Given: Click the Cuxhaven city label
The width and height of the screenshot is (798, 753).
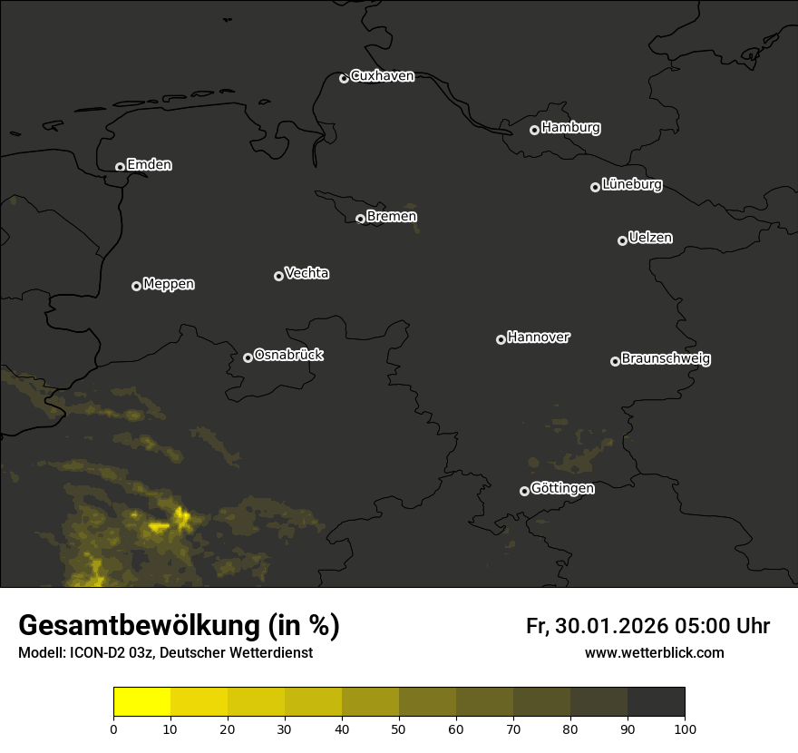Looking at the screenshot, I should click(x=382, y=76).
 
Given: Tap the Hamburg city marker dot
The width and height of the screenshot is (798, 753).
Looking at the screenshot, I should click(x=534, y=130).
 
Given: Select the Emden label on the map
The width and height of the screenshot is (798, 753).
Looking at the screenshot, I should click(x=149, y=165).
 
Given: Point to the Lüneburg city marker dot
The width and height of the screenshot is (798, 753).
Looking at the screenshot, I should click(x=595, y=187).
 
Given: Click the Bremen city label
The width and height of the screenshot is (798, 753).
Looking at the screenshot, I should click(x=392, y=217).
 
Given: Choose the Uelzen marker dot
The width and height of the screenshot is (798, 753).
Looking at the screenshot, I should click(x=622, y=240).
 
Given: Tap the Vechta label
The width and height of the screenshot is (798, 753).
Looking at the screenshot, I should click(x=307, y=273).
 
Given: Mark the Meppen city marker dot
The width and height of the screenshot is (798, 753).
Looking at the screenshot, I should click(x=136, y=286).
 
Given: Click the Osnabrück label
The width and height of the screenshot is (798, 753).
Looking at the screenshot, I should click(x=288, y=355).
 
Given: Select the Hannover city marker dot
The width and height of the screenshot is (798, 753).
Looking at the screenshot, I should click(x=501, y=339).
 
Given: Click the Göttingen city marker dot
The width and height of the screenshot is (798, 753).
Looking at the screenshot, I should click(x=524, y=491).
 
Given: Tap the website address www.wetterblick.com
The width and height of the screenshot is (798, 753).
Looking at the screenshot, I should click(x=655, y=652).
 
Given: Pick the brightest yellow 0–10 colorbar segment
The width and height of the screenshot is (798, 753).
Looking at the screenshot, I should click(x=142, y=702).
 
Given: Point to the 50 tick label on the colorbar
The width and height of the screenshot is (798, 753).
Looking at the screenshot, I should click(x=399, y=729).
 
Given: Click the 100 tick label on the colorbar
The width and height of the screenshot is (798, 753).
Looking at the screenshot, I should click(x=685, y=729).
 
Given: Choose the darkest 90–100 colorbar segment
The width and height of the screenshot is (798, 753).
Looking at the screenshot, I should click(x=656, y=702).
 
